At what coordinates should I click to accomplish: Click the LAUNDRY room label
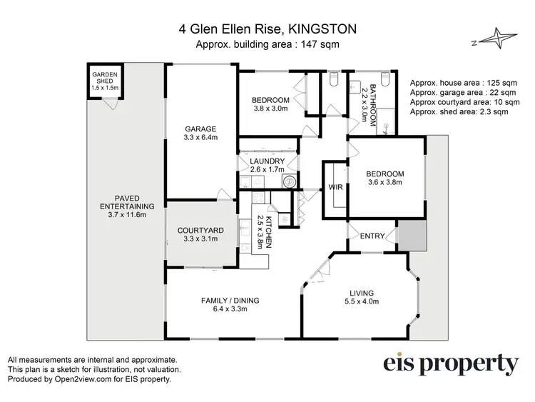[267, 161]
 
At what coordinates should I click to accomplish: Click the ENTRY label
[372, 236]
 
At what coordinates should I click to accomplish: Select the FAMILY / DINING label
[229, 301]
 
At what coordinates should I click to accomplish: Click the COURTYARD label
[200, 230]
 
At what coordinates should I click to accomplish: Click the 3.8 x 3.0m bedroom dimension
[270, 109]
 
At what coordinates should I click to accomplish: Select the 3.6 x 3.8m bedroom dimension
[384, 183]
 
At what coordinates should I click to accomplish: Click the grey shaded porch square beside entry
[411, 235]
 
